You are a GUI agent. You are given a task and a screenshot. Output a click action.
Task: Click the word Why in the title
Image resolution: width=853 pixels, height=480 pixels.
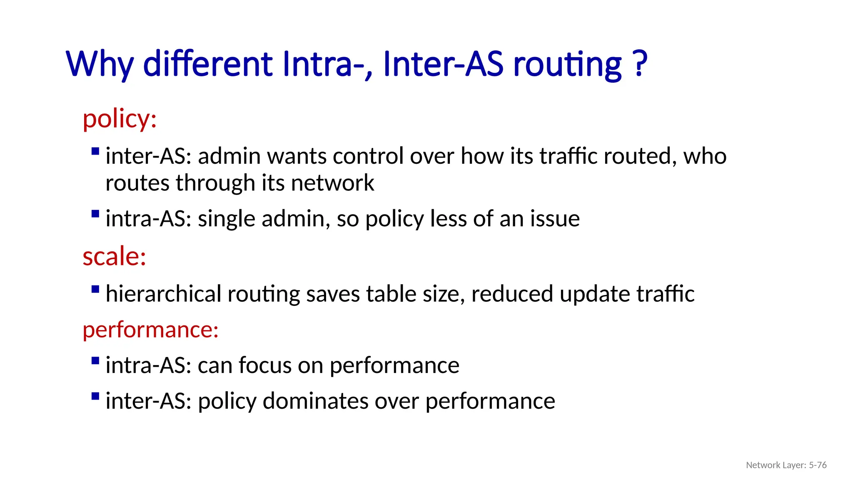point(100,64)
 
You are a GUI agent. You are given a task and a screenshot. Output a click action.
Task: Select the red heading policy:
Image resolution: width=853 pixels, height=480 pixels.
point(120,119)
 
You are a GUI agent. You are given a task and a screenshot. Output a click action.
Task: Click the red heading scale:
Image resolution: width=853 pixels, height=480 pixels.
point(114,256)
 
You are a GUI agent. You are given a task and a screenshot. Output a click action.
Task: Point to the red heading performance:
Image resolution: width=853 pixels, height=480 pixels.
point(150,330)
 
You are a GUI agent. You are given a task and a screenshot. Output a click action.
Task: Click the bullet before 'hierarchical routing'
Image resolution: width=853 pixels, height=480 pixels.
point(95,289)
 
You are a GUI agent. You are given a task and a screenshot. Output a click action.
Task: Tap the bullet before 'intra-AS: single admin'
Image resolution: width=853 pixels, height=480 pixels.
point(95,214)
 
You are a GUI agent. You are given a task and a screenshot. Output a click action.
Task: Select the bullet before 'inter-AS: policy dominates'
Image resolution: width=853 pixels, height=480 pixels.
point(95,396)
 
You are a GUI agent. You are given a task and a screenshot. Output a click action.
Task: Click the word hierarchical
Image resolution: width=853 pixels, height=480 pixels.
point(163,294)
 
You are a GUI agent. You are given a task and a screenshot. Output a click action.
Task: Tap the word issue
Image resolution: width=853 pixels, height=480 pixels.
point(554,219)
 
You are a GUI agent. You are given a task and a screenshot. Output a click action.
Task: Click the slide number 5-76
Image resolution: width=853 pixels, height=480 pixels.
point(818,465)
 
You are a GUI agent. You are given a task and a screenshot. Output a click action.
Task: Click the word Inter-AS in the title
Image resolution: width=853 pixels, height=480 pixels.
point(443,64)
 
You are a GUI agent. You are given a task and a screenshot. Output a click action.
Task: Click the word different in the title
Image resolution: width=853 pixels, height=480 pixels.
point(208,64)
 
